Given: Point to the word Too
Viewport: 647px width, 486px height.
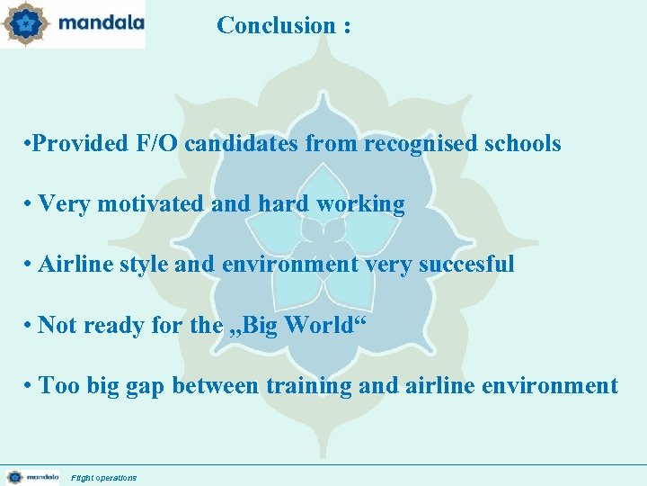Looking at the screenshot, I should pos(59,386).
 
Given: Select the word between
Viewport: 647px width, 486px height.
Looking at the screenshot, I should pos(214,386).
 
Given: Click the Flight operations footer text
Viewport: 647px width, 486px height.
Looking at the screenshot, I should pos(104,478).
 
